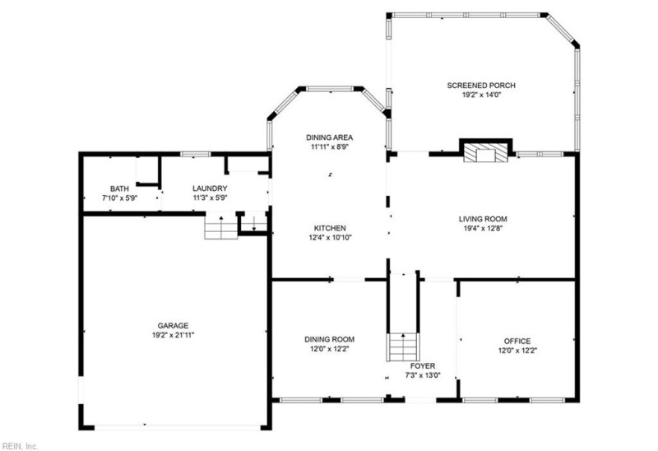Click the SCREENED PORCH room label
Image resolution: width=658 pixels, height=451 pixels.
click(481, 85)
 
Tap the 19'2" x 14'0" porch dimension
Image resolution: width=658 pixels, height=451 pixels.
click(481, 95)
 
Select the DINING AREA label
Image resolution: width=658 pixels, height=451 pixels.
click(329, 137)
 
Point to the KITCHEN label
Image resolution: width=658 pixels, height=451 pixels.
click(329, 228)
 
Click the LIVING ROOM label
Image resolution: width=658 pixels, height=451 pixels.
click(483, 219)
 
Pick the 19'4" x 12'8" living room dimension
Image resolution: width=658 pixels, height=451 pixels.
click(483, 229)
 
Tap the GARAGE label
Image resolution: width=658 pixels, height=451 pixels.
click(174, 325)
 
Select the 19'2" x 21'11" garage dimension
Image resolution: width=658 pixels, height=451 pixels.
click(174, 335)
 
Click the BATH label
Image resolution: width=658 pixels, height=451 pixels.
click(119, 188)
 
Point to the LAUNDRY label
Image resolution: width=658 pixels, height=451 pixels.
click(209, 188)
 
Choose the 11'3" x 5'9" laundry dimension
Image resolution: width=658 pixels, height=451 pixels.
click(209, 198)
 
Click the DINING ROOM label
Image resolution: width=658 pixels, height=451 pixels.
click(329, 339)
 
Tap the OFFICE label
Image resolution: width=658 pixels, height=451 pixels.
click(517, 341)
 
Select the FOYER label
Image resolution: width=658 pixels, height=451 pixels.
click(423, 365)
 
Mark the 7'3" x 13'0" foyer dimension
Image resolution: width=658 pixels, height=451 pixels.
click(423, 375)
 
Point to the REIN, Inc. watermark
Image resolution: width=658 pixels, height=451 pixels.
click(20, 445)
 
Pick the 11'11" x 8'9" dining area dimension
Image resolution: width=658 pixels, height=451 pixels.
click(329, 147)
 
